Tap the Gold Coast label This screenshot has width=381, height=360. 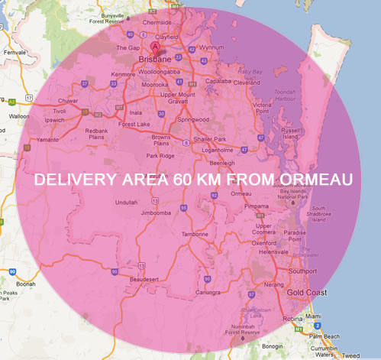307,293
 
